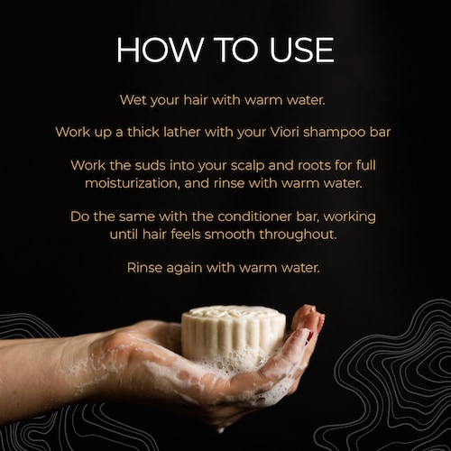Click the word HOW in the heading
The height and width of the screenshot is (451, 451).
[160, 50]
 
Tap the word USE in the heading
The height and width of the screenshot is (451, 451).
[301, 50]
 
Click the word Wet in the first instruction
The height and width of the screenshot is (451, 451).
[133, 100]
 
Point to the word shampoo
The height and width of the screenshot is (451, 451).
[334, 133]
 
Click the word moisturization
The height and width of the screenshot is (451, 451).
[133, 183]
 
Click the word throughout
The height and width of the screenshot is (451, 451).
[298, 235]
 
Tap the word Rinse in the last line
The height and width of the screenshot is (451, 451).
[144, 267]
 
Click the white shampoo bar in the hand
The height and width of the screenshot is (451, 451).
[234, 334]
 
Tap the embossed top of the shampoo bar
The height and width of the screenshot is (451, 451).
[234, 314]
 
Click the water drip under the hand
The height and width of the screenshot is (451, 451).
[221, 430]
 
